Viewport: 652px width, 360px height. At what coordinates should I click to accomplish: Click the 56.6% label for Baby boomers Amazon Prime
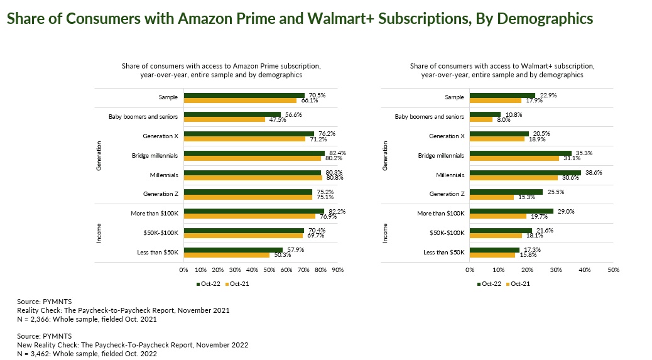(290, 114)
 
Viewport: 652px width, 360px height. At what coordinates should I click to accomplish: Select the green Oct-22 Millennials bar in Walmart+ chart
(525, 172)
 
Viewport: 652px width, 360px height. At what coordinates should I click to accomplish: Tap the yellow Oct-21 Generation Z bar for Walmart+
(492, 197)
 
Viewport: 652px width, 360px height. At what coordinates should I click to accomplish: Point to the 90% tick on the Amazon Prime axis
(337, 270)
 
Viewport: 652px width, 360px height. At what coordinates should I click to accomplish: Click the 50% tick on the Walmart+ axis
(614, 270)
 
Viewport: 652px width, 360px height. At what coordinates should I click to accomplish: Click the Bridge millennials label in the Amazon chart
(155, 155)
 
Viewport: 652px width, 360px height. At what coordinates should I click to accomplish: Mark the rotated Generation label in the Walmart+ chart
(386, 155)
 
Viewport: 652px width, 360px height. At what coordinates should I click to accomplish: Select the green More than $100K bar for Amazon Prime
(254, 211)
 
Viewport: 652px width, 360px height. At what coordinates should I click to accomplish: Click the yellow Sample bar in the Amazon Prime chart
(240, 100)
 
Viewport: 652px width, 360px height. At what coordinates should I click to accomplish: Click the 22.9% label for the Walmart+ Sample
(548, 95)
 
